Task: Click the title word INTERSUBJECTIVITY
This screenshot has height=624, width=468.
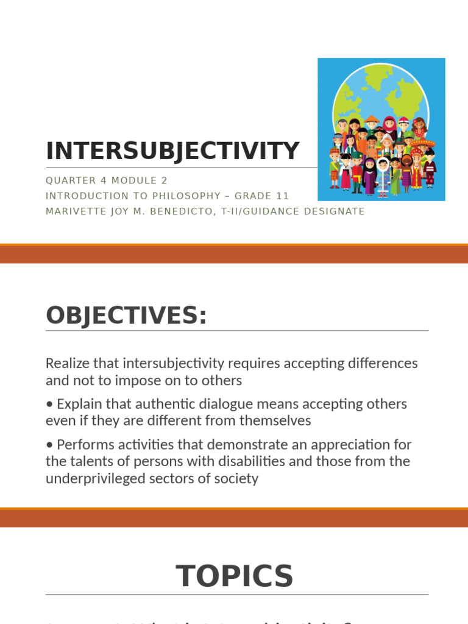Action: (172, 151)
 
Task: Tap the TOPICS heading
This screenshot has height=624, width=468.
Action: (235, 576)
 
